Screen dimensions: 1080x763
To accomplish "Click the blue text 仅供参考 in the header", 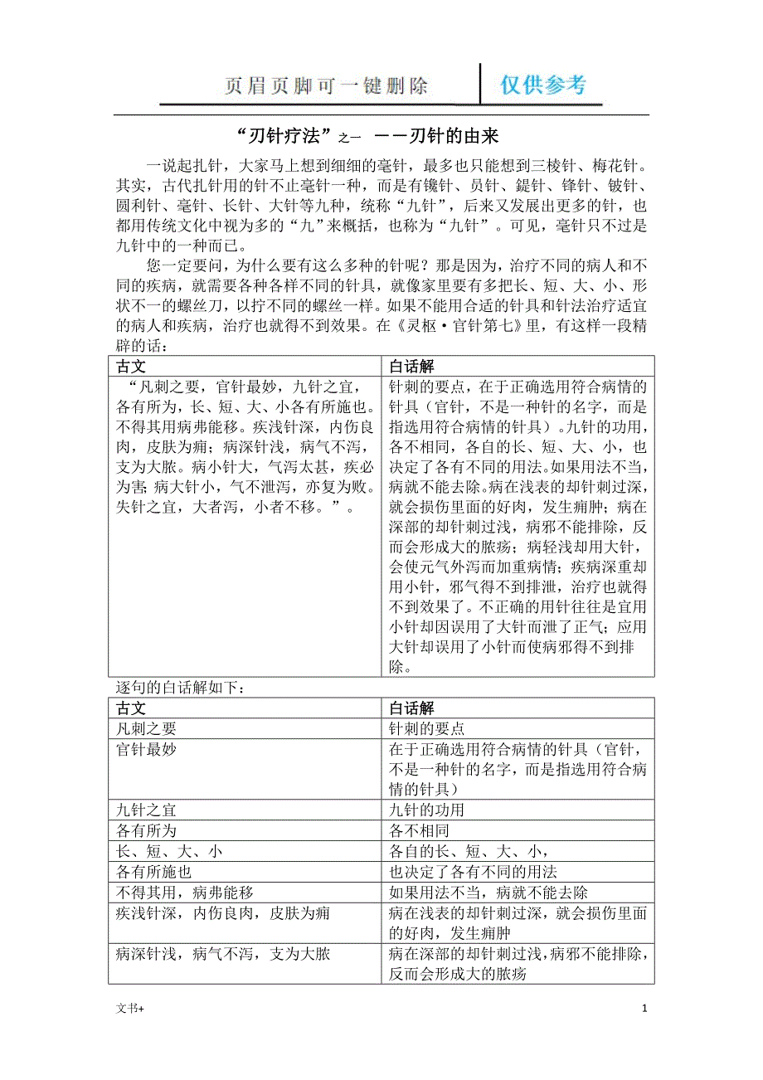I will click(x=543, y=85).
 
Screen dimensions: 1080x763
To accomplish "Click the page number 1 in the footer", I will click(x=644, y=1009).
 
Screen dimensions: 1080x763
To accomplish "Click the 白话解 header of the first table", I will click(x=411, y=366).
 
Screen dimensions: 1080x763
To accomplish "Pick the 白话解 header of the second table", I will click(x=411, y=708).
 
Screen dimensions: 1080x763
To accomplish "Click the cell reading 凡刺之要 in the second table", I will click(x=146, y=728).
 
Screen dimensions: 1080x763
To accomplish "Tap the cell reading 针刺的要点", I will click(x=426, y=728).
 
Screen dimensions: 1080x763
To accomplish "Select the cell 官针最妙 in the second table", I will click(x=146, y=749).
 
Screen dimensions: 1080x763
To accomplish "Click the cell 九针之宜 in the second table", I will click(x=146, y=810).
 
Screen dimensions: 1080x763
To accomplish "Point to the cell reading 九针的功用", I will click(x=426, y=810).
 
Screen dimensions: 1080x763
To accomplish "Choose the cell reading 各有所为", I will click(x=146, y=830).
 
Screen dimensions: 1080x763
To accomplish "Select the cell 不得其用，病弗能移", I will click(x=184, y=893).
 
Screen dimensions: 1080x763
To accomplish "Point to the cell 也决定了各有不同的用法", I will click(x=473, y=872).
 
